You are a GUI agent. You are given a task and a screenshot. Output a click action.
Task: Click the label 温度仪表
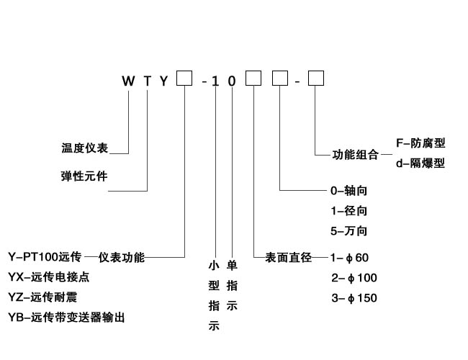84,148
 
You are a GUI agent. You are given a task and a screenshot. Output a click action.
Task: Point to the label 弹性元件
84,176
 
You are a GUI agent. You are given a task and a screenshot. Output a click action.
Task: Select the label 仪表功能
122,257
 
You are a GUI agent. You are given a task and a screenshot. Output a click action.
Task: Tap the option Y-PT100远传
45,257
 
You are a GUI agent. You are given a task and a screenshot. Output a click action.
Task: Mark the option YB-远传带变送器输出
71,317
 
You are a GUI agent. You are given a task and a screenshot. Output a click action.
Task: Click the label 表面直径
287,257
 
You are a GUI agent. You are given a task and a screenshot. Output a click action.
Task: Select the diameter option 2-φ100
354,278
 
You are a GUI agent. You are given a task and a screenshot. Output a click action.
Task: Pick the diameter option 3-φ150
354,298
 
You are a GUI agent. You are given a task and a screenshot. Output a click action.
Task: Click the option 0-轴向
348,192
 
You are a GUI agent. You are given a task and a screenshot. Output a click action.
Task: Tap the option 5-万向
348,232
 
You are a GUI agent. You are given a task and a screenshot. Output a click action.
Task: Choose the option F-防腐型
420,143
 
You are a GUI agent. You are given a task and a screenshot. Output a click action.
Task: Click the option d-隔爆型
420,163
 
